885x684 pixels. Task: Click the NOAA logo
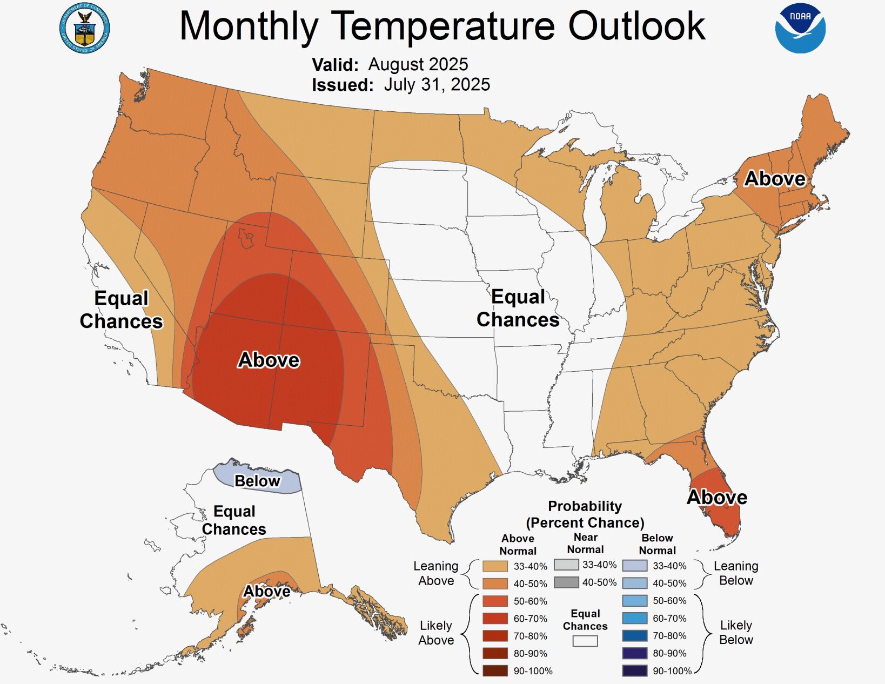click(x=800, y=28)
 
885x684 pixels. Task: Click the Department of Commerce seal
click(x=84, y=28)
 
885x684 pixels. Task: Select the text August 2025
click(x=418, y=64)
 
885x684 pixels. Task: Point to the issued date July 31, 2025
click(x=437, y=85)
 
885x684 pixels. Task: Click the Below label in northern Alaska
click(x=257, y=481)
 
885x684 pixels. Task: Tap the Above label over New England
click(x=775, y=179)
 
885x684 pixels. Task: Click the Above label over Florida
click(x=717, y=497)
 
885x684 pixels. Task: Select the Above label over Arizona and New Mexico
click(x=269, y=360)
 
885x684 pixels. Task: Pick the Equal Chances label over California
click(x=121, y=310)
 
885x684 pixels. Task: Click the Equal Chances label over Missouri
click(x=518, y=308)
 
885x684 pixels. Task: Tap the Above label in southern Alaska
click(x=266, y=591)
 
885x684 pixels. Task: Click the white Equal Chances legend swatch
click(x=585, y=641)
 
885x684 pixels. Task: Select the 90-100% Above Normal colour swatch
click(x=495, y=671)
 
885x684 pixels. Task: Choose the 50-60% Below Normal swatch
click(x=634, y=601)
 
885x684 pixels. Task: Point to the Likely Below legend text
click(x=736, y=632)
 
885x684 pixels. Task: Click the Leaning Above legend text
click(x=435, y=573)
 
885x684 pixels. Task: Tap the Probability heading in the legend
click(x=585, y=506)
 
